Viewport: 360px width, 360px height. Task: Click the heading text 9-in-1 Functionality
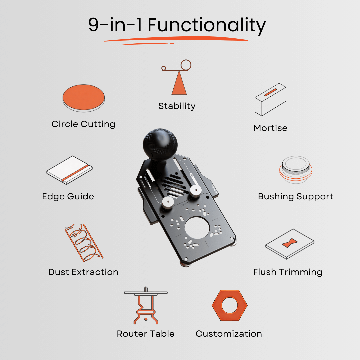point(177,25)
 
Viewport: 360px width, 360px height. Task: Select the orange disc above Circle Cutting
point(84,96)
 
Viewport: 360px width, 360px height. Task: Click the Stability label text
point(177,106)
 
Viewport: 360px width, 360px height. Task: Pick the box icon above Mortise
point(270,100)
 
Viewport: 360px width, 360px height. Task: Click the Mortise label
point(270,128)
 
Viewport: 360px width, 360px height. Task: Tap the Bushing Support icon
point(296,170)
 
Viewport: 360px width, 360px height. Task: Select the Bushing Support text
point(296,196)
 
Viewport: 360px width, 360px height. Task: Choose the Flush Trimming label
point(288,272)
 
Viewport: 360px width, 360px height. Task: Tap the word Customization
point(229,334)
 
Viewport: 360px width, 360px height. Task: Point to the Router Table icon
point(146,305)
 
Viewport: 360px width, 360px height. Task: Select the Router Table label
point(146,334)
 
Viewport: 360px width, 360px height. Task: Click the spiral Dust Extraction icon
point(83,242)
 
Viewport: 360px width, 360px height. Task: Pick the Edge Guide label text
point(68,196)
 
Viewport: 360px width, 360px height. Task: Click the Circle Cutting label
point(83,124)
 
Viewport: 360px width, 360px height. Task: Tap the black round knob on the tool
point(160,145)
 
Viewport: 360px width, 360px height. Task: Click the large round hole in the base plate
point(197,230)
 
